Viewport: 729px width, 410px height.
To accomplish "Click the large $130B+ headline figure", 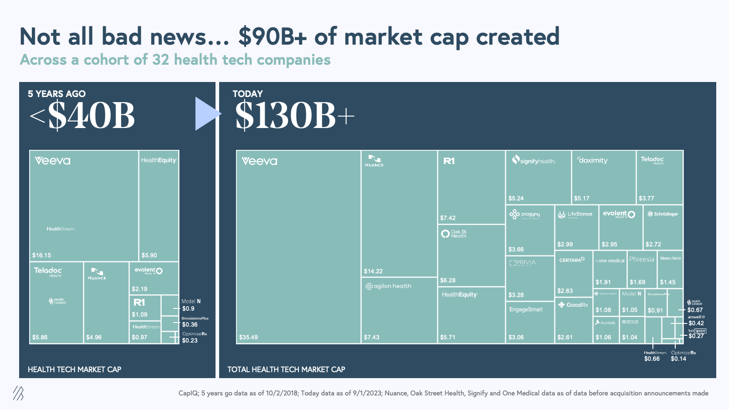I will [x=294, y=116].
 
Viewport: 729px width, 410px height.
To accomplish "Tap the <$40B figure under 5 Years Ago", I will [x=82, y=116].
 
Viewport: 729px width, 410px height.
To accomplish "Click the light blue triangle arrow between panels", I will [x=206, y=114].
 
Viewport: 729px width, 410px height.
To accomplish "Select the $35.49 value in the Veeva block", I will [x=248, y=338].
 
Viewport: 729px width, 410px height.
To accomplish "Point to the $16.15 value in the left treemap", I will [x=41, y=256].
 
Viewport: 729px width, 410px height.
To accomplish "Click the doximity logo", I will [x=592, y=160].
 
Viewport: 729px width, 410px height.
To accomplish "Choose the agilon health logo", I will [x=388, y=286].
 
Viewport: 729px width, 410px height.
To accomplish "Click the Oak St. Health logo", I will [x=454, y=234].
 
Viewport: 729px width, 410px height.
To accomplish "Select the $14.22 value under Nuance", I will [x=373, y=272].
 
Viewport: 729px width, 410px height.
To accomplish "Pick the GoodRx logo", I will [x=573, y=305].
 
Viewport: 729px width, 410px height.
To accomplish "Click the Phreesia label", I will [x=642, y=259].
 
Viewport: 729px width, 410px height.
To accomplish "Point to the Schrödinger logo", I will [x=663, y=214].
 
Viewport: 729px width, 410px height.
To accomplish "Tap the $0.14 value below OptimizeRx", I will [x=678, y=359].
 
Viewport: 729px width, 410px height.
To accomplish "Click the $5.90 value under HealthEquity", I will [x=149, y=256].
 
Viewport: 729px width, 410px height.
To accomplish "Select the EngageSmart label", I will [x=526, y=309].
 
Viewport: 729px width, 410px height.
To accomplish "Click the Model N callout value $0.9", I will [x=188, y=309].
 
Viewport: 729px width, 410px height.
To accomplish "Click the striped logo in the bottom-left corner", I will [x=18, y=393].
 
